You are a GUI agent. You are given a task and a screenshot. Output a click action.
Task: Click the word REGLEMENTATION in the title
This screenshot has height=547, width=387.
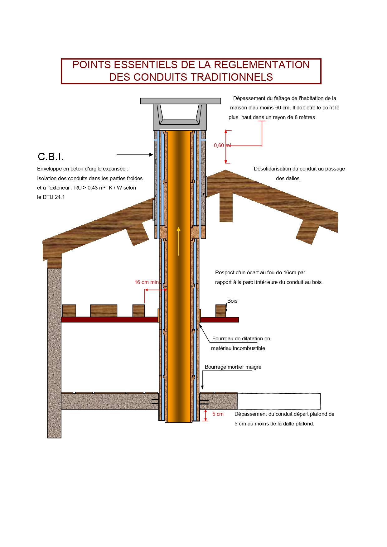262,65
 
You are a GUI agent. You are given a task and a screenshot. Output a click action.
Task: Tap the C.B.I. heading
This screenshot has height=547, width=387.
51,156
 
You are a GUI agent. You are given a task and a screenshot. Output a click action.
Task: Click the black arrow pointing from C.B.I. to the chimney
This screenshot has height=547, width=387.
135,155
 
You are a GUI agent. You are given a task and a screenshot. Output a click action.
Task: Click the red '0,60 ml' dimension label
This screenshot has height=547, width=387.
222,146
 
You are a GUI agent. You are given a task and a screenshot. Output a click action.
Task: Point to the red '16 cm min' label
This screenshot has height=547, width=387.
146,282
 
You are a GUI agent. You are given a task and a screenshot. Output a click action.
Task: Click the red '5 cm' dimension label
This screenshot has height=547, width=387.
218,414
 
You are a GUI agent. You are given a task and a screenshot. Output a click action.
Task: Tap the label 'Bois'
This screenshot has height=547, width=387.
232,301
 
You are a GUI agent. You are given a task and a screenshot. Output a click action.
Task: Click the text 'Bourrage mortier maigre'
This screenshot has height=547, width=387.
233,367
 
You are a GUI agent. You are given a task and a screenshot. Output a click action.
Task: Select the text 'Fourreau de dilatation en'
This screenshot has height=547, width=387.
241,338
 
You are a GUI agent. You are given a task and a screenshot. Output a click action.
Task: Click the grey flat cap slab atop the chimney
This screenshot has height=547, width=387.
180,101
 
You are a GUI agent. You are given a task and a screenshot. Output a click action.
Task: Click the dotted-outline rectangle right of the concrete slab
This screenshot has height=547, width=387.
279,401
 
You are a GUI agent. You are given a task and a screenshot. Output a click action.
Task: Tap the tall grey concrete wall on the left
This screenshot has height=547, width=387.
54,352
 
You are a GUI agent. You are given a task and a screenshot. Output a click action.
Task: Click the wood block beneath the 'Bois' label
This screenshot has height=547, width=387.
220,311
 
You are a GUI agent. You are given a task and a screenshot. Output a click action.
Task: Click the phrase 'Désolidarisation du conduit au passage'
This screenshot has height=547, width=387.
299,169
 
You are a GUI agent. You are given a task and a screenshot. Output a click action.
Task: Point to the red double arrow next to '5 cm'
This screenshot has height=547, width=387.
206,415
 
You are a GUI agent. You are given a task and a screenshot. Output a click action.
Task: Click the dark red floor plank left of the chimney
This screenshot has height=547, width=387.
109,319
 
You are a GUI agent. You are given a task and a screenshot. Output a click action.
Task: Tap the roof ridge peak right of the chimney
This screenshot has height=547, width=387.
225,171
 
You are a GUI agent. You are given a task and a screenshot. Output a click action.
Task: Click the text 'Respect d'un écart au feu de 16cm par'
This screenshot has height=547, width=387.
260,272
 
